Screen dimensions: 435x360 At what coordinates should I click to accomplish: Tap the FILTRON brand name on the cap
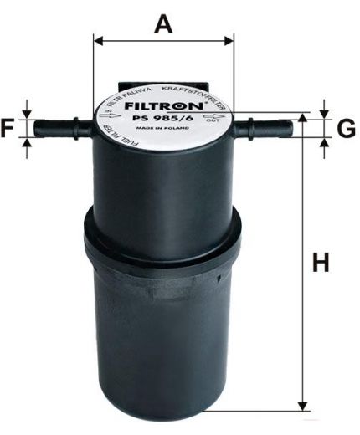(x=164, y=108)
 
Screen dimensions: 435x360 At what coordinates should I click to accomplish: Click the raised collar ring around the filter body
(x=164, y=234)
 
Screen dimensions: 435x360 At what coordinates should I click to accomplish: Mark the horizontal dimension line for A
(x=164, y=39)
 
